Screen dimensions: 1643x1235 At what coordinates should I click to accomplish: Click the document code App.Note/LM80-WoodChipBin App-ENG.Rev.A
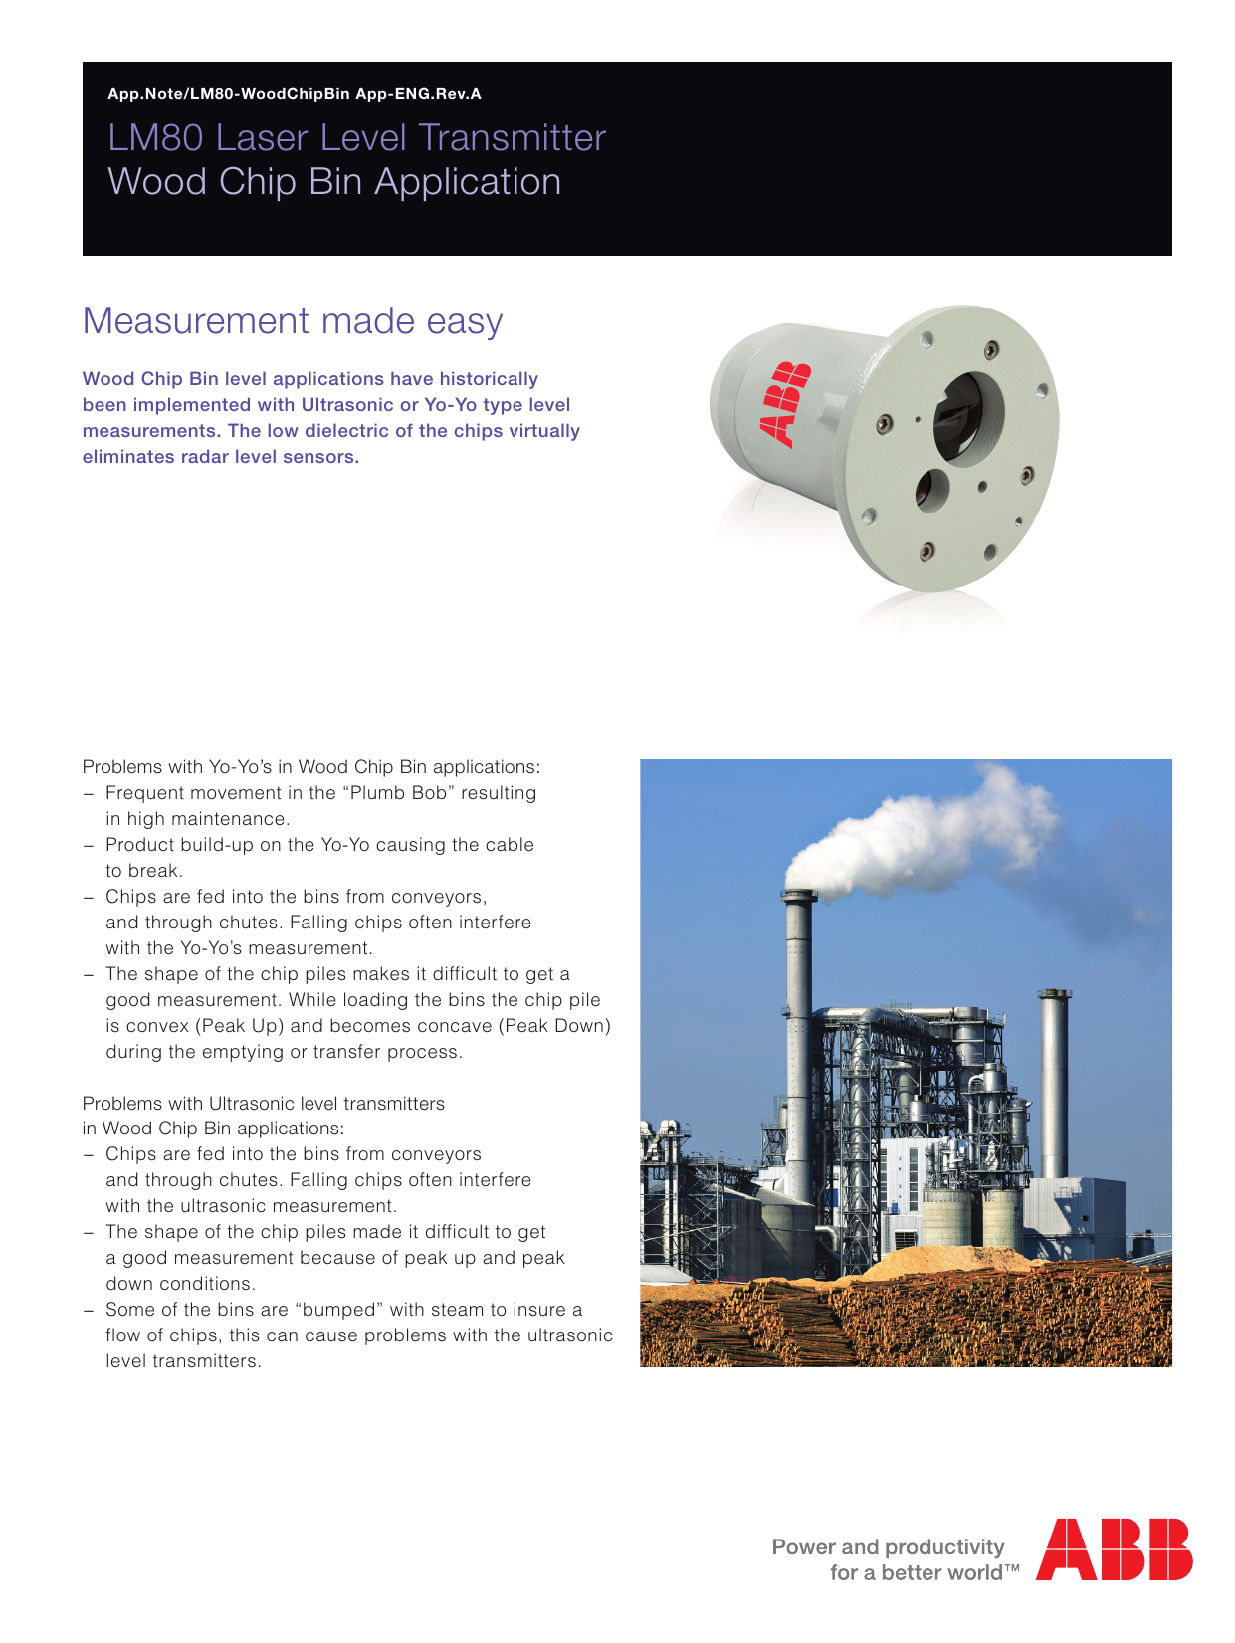coord(294,94)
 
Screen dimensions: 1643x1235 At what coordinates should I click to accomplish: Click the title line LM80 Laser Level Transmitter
coord(356,138)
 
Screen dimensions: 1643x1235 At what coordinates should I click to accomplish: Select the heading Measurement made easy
coord(293,321)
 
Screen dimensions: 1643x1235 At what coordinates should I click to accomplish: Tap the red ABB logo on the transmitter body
coord(785,403)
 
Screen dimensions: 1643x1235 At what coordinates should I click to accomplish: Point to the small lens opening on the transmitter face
coord(931,490)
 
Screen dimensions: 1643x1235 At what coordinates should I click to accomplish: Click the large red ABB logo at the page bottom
coord(1114,1548)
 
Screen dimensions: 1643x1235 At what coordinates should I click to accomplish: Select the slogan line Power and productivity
coord(888,1546)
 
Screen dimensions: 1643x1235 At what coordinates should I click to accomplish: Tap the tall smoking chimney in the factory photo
coord(799,1045)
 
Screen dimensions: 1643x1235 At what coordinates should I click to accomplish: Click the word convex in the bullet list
coord(157,1026)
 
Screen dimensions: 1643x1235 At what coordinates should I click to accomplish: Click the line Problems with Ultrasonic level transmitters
coord(264,1104)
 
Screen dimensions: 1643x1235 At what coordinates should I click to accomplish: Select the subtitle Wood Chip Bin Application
coord(334,182)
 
